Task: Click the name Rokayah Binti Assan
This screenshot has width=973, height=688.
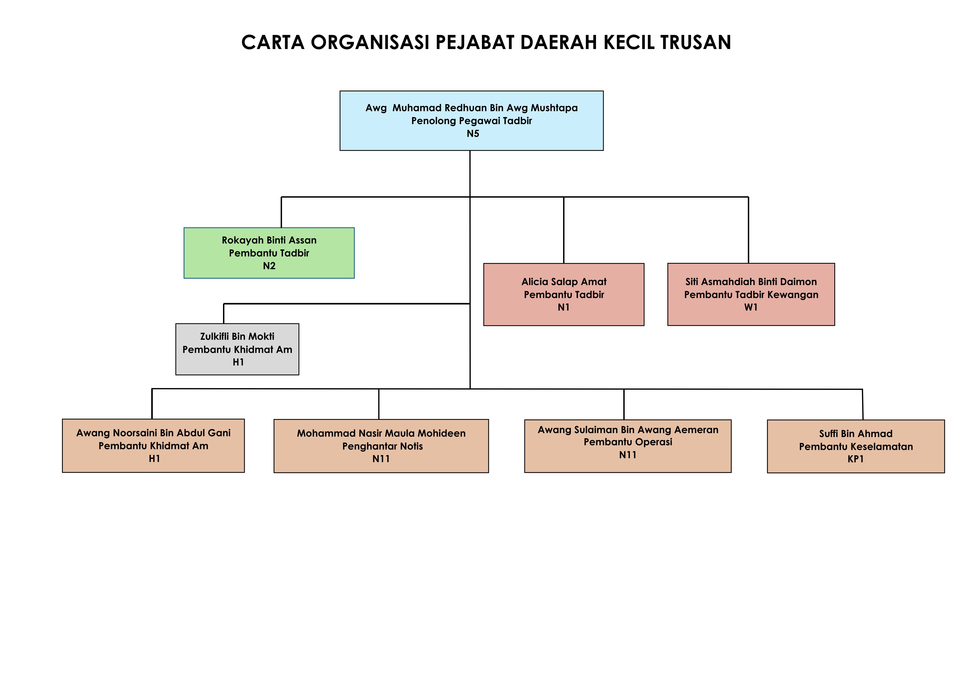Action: pos(269,240)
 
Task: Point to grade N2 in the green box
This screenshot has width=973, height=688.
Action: pos(269,266)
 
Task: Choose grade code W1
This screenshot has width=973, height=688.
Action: pos(751,307)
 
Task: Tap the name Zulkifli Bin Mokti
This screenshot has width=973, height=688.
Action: pos(237,336)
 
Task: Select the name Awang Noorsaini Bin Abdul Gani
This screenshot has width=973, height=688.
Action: pos(153,433)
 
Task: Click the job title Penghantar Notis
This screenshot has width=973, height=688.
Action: pos(382,446)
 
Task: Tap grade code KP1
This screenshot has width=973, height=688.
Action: pos(856,459)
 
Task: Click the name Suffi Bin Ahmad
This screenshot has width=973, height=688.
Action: pos(856,433)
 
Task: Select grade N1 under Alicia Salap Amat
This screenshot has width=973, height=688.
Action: pos(564,307)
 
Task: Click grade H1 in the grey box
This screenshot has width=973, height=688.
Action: pos(238,362)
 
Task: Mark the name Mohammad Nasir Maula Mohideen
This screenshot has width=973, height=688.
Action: pos(381,433)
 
